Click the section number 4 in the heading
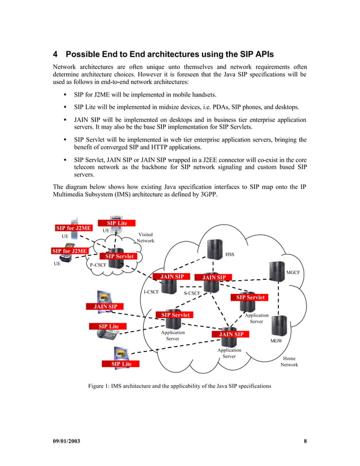(x=56, y=55)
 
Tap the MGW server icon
(x=279, y=326)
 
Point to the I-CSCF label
(x=151, y=292)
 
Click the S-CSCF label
(x=192, y=293)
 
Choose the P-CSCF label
(x=99, y=265)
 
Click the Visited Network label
(x=145, y=238)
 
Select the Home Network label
(x=289, y=362)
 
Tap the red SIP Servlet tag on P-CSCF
(x=124, y=257)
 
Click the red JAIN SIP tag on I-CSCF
(x=172, y=277)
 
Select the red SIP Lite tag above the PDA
(x=117, y=223)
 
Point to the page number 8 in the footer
(x=305, y=441)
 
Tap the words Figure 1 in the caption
(x=99, y=386)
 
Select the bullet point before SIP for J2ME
(x=67, y=95)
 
